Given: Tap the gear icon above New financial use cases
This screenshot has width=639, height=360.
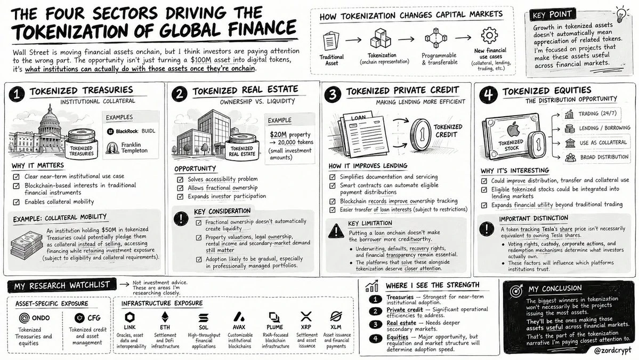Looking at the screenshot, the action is click(x=489, y=36).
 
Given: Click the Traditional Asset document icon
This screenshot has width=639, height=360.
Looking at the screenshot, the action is click(x=330, y=41).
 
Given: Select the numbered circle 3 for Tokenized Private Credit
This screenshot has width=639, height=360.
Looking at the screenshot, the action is click(x=333, y=94).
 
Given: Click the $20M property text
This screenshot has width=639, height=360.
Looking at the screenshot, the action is click(x=290, y=134).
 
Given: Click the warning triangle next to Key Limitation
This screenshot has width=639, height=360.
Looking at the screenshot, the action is click(x=336, y=231).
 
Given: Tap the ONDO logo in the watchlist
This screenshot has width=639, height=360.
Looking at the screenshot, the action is click(x=25, y=318).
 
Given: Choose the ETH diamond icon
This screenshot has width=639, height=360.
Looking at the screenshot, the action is click(x=165, y=317).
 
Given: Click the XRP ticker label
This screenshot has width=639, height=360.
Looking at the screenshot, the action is click(x=306, y=327).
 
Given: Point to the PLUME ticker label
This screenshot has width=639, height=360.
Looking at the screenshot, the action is click(x=274, y=327).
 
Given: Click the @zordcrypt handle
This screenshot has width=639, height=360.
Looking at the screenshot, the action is click(x=612, y=350).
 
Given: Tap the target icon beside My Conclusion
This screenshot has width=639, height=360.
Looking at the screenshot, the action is click(x=517, y=291).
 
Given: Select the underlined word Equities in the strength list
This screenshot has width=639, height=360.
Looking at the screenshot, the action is click(x=398, y=337).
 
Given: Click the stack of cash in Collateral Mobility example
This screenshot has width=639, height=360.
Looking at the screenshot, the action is click(x=27, y=244).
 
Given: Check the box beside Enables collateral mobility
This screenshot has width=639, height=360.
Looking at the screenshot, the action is click(x=17, y=202).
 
